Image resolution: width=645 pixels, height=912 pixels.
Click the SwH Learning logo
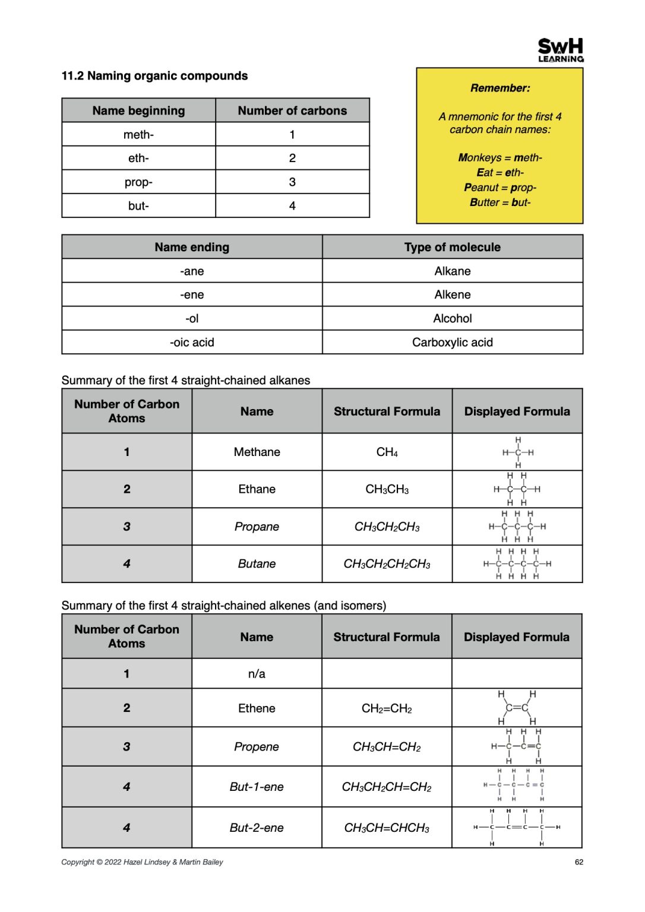(x=560, y=50)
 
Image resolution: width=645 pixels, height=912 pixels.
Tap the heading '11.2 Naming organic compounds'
(x=154, y=76)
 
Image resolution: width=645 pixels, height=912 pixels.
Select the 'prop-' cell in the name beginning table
(x=138, y=182)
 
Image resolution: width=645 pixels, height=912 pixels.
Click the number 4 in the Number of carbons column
(x=292, y=206)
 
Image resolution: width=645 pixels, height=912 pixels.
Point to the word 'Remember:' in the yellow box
(x=500, y=88)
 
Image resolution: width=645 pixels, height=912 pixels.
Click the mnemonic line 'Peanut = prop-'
(x=500, y=188)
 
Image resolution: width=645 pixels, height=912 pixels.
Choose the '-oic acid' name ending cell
(x=192, y=343)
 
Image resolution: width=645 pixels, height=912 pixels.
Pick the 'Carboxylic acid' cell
(x=453, y=343)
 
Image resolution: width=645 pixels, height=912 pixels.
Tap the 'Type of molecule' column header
(x=453, y=248)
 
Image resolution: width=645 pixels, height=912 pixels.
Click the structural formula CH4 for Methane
(x=387, y=452)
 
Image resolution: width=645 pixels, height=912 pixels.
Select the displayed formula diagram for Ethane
(x=517, y=489)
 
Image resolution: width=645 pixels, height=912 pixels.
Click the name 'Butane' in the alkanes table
(x=257, y=564)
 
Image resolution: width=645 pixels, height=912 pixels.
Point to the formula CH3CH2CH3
(x=387, y=527)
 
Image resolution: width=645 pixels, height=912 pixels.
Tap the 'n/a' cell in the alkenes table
(x=257, y=674)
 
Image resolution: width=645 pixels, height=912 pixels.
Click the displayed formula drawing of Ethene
(x=517, y=708)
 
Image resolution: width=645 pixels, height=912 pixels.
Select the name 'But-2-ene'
(x=257, y=828)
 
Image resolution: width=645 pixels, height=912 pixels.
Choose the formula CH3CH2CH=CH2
(x=387, y=787)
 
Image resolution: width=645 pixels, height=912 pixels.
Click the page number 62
(x=578, y=862)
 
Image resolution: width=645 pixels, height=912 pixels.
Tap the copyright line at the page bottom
(x=142, y=862)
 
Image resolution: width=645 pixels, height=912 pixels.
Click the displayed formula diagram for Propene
(x=516, y=746)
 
